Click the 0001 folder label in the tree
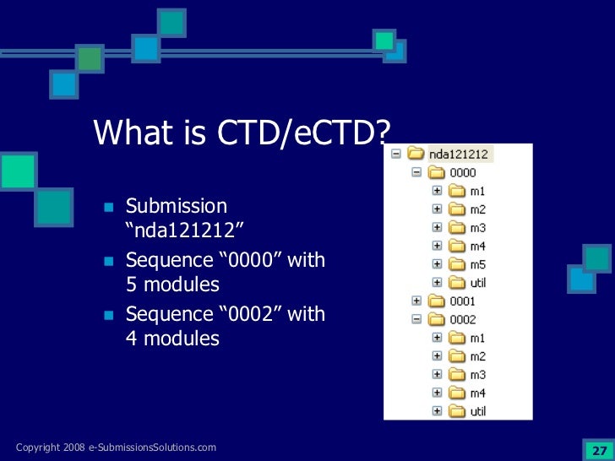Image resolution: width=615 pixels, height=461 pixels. click(462, 301)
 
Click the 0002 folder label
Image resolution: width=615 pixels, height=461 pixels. click(462, 320)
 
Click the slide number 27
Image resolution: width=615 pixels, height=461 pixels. click(599, 448)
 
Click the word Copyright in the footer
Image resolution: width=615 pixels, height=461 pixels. click(36, 447)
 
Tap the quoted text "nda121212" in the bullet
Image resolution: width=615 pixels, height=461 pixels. click(178, 230)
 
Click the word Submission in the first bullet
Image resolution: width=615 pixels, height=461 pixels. click(177, 206)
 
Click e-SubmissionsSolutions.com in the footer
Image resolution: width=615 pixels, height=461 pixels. click(152, 447)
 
